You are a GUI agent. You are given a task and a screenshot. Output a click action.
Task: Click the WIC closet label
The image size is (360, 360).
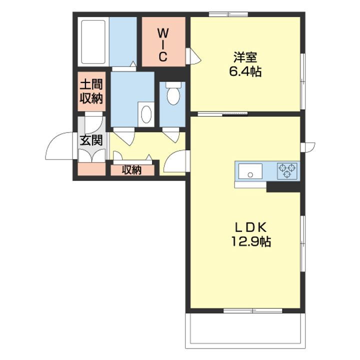[163, 45]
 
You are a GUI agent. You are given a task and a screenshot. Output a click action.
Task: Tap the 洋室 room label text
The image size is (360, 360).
[245, 57]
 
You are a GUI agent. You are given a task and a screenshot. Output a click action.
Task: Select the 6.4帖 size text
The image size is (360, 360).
[245, 71]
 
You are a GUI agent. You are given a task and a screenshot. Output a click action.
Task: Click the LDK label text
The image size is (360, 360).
[250, 227]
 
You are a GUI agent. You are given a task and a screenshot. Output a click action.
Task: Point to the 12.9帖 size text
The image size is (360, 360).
[251, 241]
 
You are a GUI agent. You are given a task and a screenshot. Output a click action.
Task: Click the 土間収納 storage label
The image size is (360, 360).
[91, 91]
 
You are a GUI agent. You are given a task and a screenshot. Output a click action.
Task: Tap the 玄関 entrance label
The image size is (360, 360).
[91, 140]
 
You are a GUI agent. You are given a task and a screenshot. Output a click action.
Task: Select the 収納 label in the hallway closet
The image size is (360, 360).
[131, 170]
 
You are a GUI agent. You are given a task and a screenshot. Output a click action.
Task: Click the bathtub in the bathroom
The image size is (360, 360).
[93, 42]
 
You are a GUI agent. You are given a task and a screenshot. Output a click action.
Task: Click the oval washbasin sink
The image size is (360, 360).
[146, 114]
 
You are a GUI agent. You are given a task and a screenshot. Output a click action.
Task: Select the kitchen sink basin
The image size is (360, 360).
[250, 171]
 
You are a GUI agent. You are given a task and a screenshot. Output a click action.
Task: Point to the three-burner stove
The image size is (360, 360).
[287, 171]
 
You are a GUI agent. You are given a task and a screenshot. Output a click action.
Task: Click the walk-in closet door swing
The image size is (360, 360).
[194, 56]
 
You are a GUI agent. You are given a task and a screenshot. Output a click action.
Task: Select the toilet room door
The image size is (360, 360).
[171, 135]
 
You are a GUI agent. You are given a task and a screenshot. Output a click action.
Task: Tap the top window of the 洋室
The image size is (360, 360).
[228, 14]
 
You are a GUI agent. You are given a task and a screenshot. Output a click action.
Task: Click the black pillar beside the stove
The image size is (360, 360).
[283, 187]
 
